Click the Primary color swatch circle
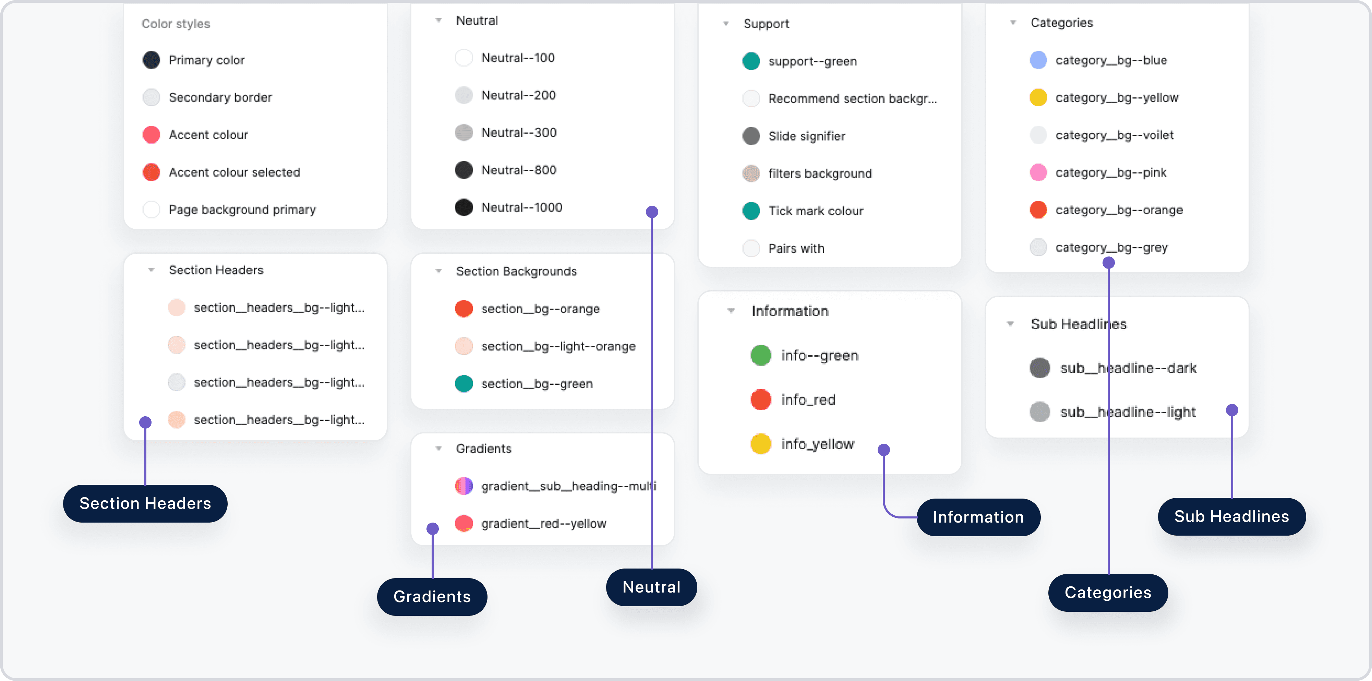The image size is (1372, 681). coord(151,60)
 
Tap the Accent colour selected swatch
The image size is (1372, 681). coord(151,172)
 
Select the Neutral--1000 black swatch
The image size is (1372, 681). coord(464,207)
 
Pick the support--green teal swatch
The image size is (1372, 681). coord(751,61)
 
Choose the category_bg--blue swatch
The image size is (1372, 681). coord(1038,60)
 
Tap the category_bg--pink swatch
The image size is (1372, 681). coord(1038,172)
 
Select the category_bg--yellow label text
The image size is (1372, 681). coord(1117,98)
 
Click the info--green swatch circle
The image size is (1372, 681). coord(760,356)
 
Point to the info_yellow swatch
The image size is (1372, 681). coord(760,444)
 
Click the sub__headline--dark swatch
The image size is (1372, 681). coord(1040,368)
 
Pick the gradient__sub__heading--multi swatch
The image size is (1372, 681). coord(464,486)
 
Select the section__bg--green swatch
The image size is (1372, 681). coord(464,384)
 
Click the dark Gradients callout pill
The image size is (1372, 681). coord(432,597)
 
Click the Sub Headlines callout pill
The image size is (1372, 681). coord(1231,517)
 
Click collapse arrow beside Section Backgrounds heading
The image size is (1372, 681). coord(438,271)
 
